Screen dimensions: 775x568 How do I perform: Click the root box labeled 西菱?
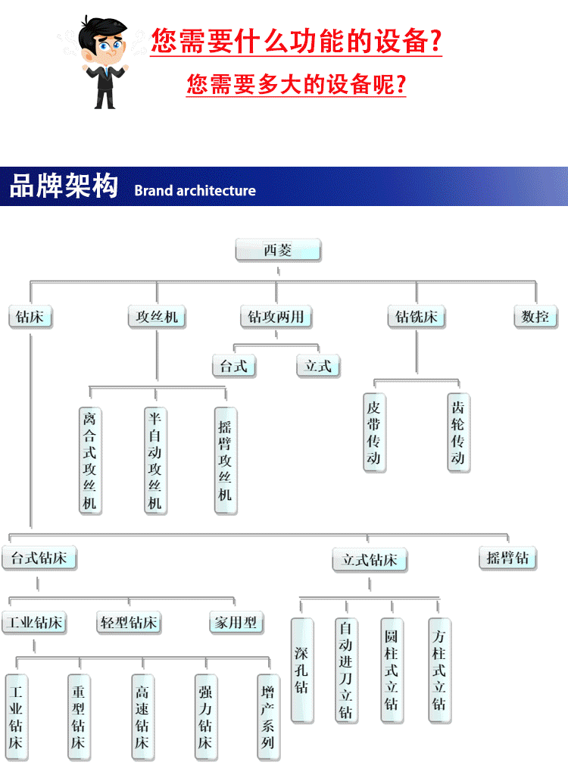click(278, 250)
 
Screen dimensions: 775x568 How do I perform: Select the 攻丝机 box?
click(157, 317)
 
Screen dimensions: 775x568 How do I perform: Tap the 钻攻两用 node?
click(276, 317)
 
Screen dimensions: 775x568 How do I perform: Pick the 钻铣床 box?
click(416, 317)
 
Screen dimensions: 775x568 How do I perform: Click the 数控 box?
click(535, 317)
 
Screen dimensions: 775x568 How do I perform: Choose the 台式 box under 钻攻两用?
click(233, 366)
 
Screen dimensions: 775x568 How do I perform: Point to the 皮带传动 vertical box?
click(374, 433)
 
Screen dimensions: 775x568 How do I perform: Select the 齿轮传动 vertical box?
click(458, 433)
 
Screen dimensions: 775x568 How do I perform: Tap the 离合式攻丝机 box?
click(91, 460)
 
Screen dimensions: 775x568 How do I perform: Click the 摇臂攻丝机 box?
click(225, 460)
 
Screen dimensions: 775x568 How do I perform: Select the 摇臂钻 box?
click(507, 559)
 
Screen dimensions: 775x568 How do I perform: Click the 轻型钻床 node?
click(129, 623)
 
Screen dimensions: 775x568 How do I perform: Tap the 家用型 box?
click(236, 623)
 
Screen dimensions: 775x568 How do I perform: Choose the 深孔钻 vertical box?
click(302, 670)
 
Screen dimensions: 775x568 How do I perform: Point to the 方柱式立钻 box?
click(439, 670)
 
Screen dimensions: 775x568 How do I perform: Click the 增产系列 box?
click(268, 717)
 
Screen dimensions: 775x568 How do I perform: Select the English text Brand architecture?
click(195, 191)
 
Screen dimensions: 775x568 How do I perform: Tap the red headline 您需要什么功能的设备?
click(296, 41)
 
